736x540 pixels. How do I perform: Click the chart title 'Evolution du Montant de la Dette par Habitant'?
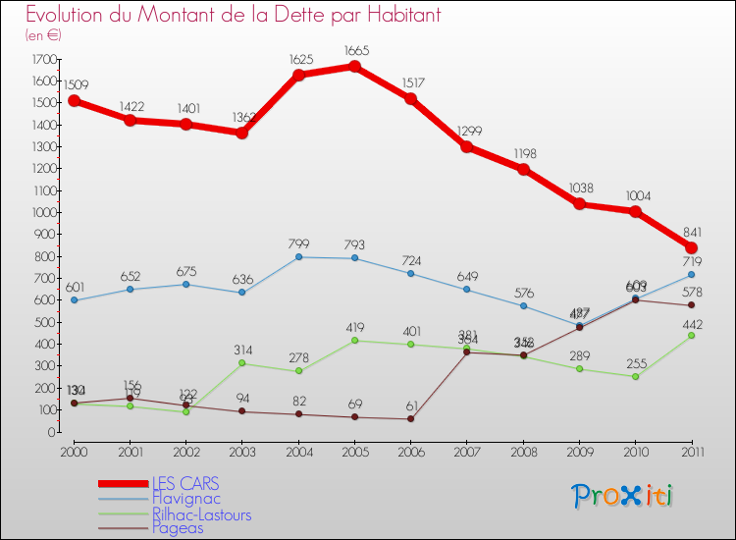pyautogui.click(x=234, y=16)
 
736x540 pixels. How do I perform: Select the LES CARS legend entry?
pyautogui.click(x=185, y=483)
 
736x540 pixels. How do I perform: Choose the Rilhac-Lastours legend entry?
pyautogui.click(x=201, y=514)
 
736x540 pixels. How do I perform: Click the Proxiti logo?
pyautogui.click(x=623, y=496)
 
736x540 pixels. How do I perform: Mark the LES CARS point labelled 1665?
pyautogui.click(x=354, y=67)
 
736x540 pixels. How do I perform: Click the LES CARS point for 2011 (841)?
pyautogui.click(x=691, y=247)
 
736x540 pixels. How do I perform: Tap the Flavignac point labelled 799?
pyautogui.click(x=298, y=257)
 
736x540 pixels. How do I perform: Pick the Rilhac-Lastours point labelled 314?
pyautogui.click(x=242, y=363)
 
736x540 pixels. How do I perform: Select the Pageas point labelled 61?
pyautogui.click(x=410, y=419)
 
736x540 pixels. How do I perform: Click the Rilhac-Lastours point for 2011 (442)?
pyautogui.click(x=691, y=336)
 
